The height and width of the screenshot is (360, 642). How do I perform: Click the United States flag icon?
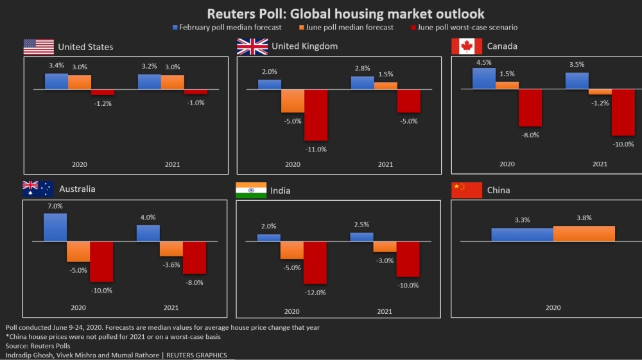point(39,47)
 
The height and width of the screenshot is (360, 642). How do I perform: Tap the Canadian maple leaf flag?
point(467,46)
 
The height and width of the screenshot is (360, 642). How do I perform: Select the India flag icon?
point(251,190)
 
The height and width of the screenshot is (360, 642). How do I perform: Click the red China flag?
point(467,190)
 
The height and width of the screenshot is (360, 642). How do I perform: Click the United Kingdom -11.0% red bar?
point(316,115)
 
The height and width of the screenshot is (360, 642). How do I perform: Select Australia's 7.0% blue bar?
point(55,227)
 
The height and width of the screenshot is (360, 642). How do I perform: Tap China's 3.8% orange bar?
point(584,234)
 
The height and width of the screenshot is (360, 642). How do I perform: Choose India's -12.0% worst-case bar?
point(315,262)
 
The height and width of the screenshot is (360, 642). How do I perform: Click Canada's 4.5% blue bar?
point(484,78)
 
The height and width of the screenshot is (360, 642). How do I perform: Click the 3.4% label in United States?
point(56,65)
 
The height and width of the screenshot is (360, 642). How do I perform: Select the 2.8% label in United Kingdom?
point(362,68)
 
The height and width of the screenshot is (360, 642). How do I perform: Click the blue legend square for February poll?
point(175,28)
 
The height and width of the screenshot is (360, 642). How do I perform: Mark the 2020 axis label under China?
point(553,307)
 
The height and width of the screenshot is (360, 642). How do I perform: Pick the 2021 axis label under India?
point(385,311)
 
